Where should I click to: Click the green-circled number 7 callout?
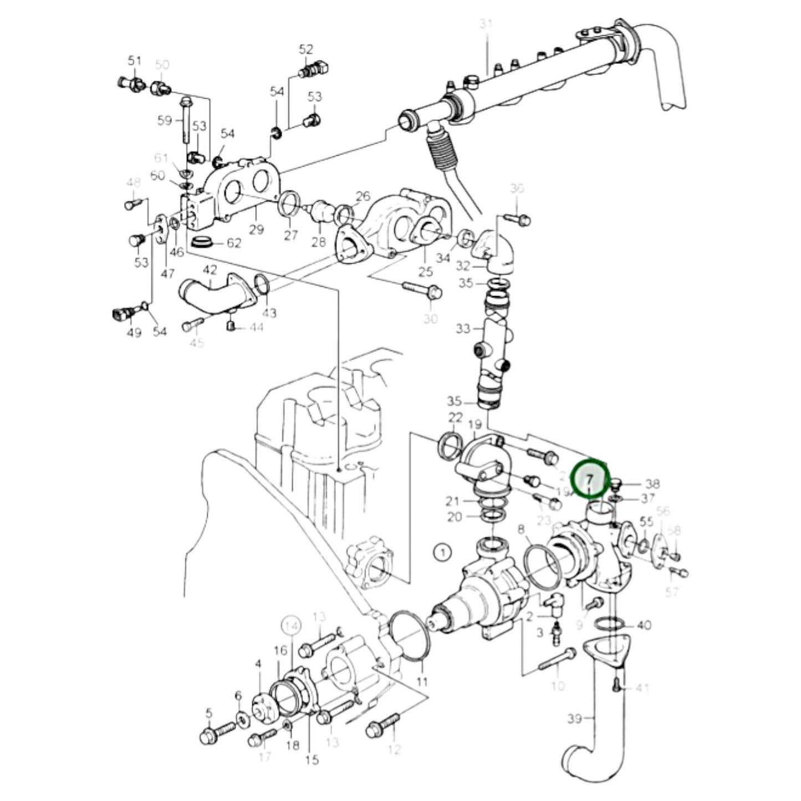590,478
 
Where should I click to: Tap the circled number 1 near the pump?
442,552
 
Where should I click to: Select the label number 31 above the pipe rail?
486,25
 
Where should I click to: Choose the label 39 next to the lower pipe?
575,719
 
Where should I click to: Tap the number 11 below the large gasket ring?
422,681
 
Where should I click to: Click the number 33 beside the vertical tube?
463,329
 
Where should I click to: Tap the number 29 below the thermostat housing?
256,229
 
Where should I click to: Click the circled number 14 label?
292,626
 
